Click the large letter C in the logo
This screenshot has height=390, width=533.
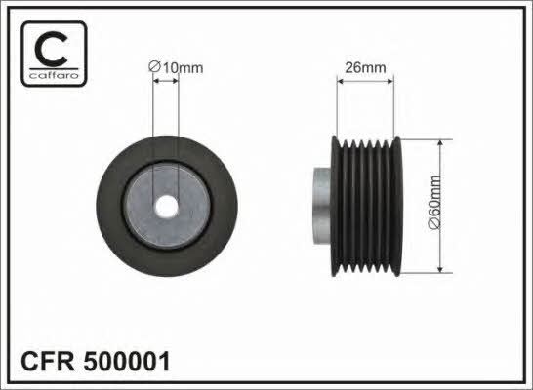click(x=51, y=50)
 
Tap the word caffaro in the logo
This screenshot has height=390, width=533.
click(x=54, y=75)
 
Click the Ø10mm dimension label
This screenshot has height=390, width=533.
click(x=176, y=67)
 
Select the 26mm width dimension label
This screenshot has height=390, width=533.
click(x=365, y=68)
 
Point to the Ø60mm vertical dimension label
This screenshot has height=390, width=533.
click(x=434, y=203)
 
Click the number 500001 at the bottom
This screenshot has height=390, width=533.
click(x=127, y=361)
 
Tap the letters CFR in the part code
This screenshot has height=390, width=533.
click(x=47, y=361)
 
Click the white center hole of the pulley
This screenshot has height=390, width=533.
click(x=167, y=207)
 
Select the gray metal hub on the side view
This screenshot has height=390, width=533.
click(x=321, y=206)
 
